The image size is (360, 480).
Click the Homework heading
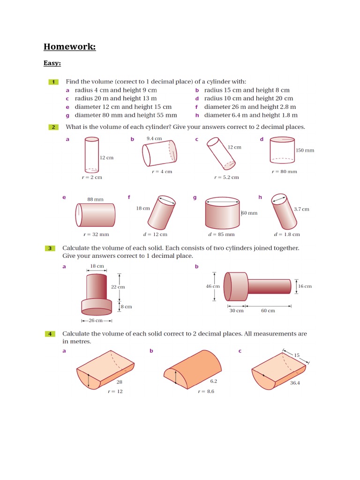point(70,46)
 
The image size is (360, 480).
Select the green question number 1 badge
point(53,82)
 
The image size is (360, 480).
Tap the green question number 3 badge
point(50,248)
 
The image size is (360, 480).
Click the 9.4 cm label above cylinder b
point(154,139)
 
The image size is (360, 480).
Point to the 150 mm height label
point(305,150)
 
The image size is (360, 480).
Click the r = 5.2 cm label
point(226,177)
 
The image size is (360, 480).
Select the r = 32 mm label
point(96,234)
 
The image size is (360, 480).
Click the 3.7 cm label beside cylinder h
point(301,209)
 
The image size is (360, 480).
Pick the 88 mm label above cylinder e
point(95,199)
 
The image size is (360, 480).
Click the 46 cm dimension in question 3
point(212,286)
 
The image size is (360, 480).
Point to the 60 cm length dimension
point(268,311)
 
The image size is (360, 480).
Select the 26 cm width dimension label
point(97,321)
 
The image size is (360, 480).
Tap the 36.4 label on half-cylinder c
point(295,383)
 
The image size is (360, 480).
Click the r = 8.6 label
point(206,391)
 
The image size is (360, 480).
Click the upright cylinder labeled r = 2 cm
point(92,155)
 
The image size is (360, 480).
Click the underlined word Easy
point(52,63)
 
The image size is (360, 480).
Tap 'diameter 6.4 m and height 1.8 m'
point(251,115)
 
